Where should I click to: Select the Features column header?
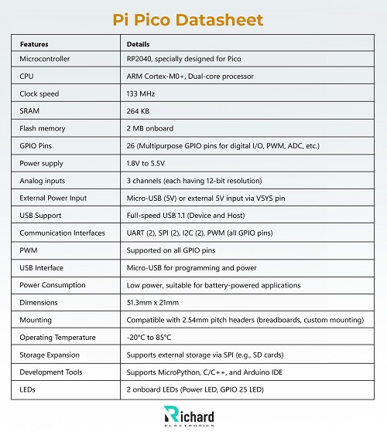pos(34,44)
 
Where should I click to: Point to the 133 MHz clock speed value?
pos(141,93)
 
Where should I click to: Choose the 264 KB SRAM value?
pos(139,111)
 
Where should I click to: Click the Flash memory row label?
pos(43,128)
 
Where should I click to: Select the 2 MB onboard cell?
pos(150,128)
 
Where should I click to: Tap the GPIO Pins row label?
pos(38,146)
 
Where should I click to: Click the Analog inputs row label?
pos(43,181)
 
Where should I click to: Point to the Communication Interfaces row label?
pos(61,233)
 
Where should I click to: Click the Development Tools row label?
pos(52,372)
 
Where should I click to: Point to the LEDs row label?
pos(28,389)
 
